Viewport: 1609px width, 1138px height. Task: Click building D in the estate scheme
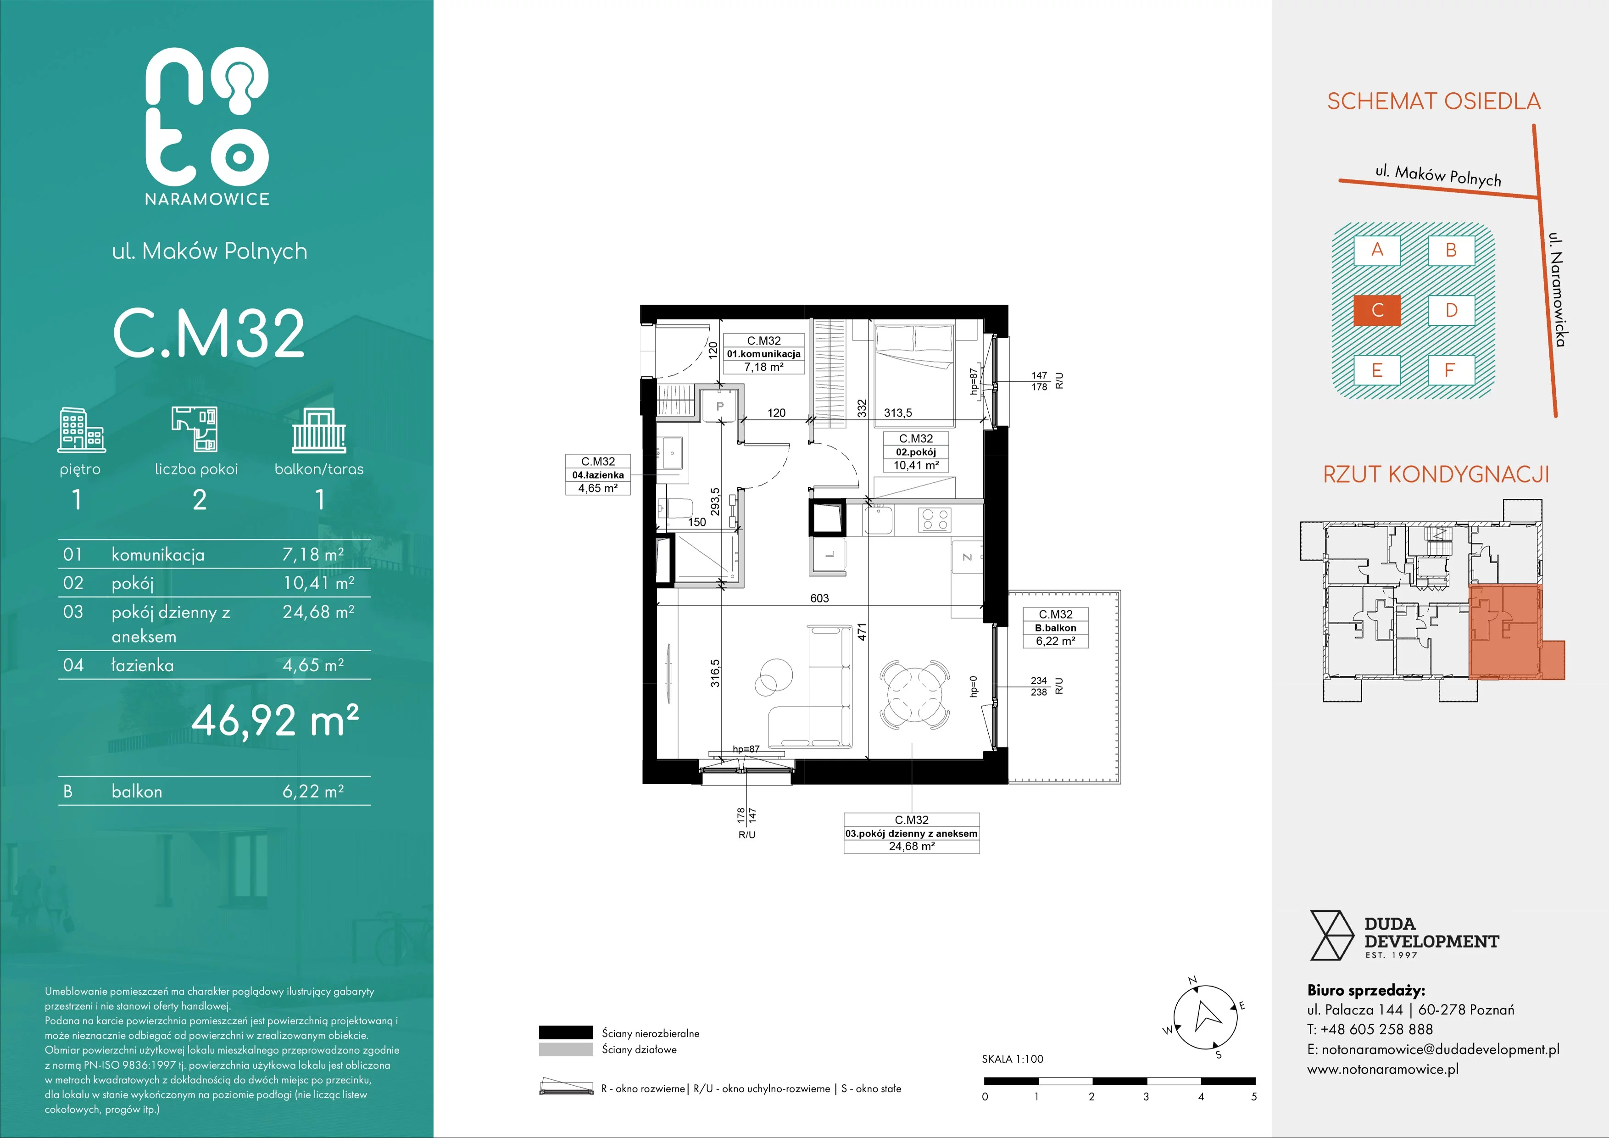(x=1451, y=310)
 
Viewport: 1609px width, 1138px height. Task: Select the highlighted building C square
(x=1377, y=310)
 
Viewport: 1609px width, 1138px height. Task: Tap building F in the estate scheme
(x=1451, y=370)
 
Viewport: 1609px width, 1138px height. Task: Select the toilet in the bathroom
(x=675, y=508)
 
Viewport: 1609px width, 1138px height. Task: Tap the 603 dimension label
(x=819, y=598)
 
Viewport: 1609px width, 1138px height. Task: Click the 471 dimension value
(x=862, y=631)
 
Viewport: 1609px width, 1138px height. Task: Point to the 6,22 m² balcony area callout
(x=1055, y=641)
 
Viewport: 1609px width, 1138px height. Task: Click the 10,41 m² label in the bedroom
(x=916, y=465)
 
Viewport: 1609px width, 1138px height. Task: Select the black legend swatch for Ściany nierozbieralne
(x=566, y=1032)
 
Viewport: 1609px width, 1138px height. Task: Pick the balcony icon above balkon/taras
(x=319, y=430)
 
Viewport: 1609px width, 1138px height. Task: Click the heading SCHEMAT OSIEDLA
(x=1434, y=101)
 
